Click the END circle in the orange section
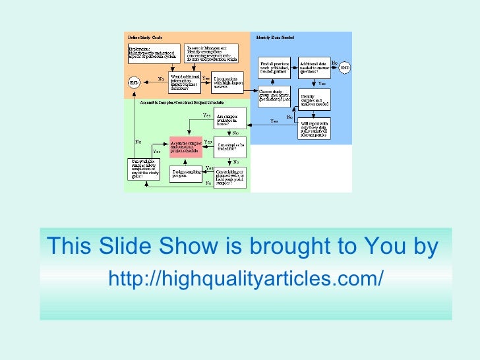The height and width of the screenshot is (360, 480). point(134,82)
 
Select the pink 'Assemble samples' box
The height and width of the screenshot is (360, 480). point(185,146)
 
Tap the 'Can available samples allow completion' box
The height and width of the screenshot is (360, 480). point(145,169)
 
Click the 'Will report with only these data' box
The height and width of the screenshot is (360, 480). point(314,129)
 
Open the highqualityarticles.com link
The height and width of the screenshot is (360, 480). point(245,278)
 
